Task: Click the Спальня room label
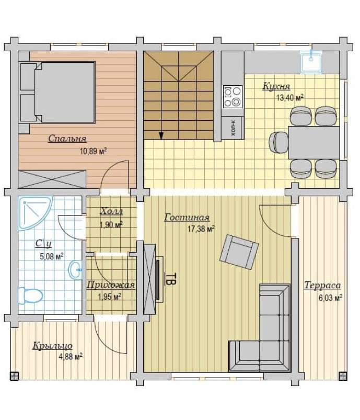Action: [x=67, y=139]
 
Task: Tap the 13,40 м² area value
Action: [x=290, y=97]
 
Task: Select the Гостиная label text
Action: [x=187, y=217]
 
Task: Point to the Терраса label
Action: [x=322, y=285]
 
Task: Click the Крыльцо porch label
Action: [x=53, y=346]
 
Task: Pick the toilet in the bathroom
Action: [x=30, y=296]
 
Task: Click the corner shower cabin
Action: [x=36, y=213]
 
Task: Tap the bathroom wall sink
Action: [x=76, y=270]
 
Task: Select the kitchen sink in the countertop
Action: [x=311, y=62]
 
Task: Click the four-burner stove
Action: [x=233, y=97]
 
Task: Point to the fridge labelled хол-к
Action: [x=233, y=128]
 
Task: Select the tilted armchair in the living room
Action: [x=239, y=252]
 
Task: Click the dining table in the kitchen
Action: [x=313, y=142]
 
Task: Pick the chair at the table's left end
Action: [x=278, y=142]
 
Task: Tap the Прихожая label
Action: [x=111, y=285]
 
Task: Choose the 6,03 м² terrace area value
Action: [x=331, y=298]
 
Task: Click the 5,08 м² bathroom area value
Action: [x=52, y=256]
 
